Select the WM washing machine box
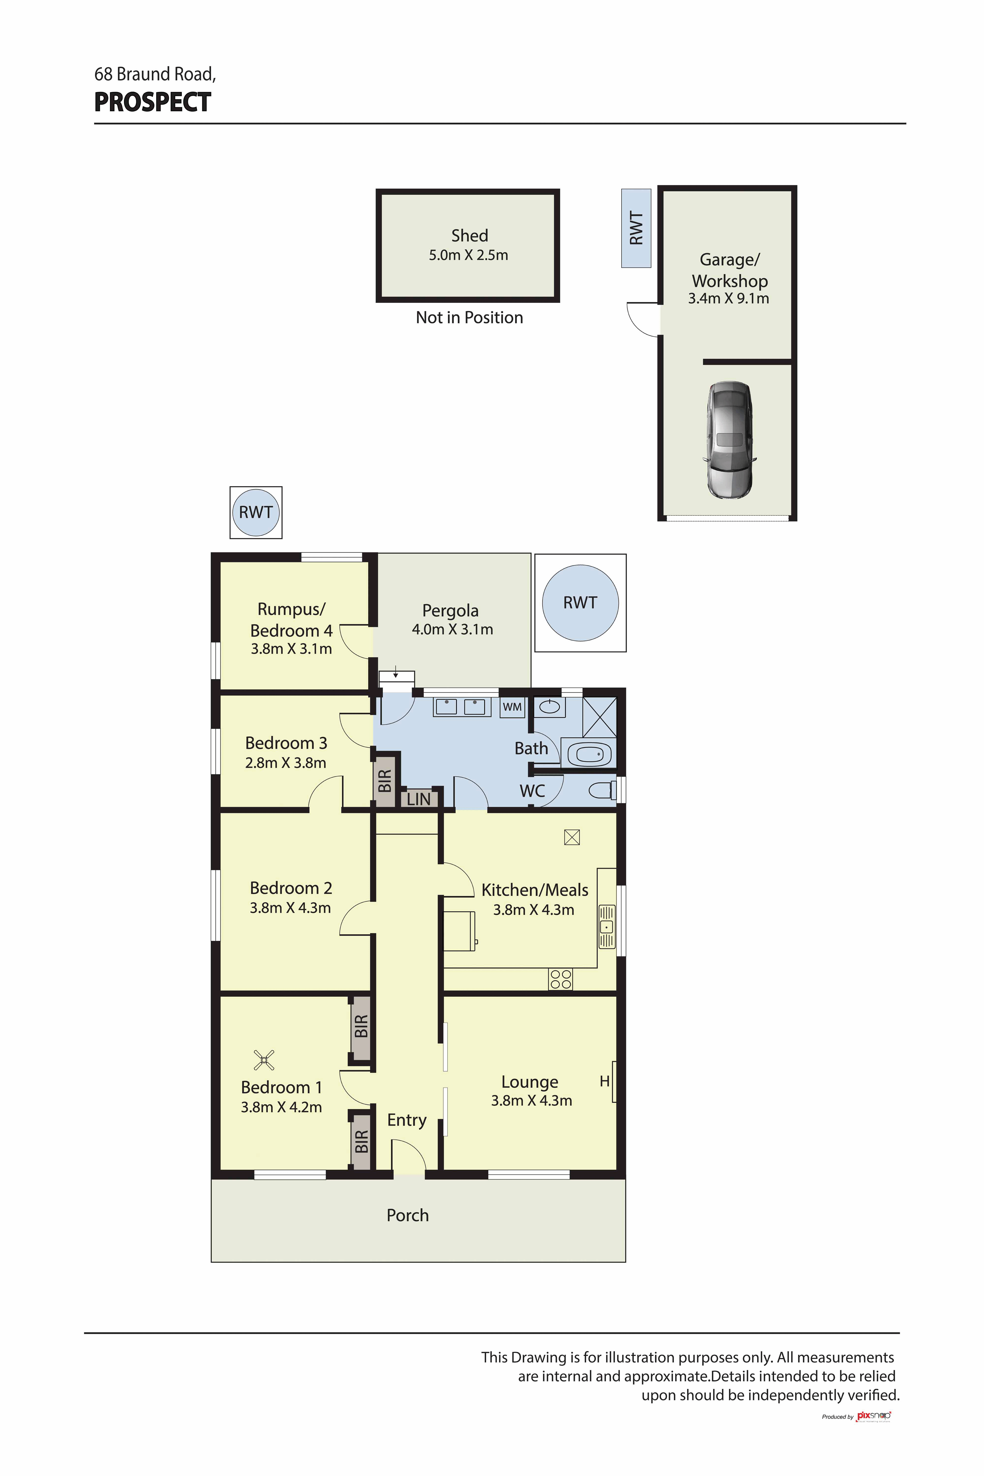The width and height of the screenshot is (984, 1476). [x=512, y=707]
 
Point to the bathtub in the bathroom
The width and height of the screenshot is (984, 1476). [x=589, y=754]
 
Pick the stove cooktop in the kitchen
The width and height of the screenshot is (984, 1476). [x=560, y=979]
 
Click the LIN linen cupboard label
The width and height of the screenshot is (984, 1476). [x=419, y=799]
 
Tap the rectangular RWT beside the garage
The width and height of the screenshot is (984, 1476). [x=636, y=229]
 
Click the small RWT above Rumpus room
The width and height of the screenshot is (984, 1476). [x=256, y=512]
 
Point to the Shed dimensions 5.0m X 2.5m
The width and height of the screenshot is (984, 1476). [x=468, y=255]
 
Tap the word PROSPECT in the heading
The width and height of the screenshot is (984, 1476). [x=153, y=102]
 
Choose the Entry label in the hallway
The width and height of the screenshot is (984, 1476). [x=407, y=1120]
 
